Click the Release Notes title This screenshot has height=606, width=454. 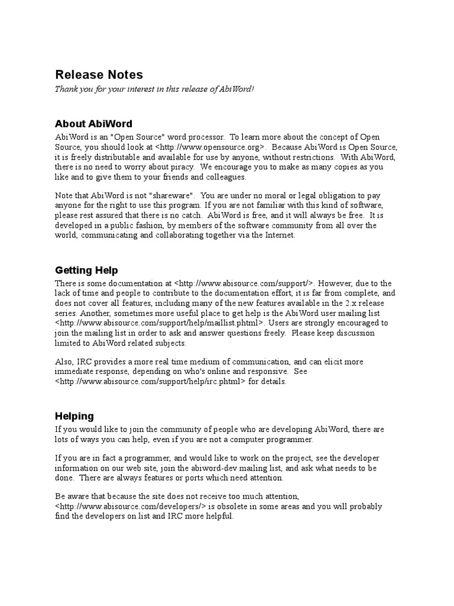[99, 75]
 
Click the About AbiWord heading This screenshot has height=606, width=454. [93, 124]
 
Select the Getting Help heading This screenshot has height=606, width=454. [86, 270]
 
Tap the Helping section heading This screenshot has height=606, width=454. [74, 416]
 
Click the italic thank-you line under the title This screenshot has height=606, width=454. [154, 89]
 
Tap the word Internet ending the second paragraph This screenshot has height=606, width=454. [277, 236]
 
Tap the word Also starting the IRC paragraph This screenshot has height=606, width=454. [64, 362]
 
